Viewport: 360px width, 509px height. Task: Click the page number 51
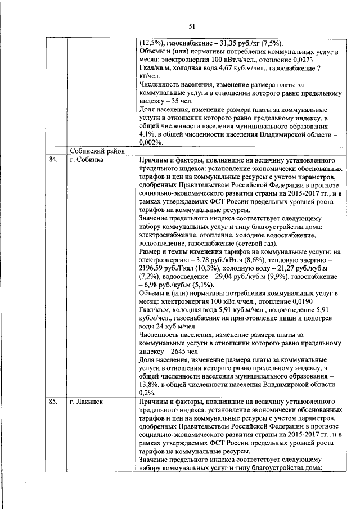tap(191, 26)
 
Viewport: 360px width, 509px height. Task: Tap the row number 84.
tap(54, 160)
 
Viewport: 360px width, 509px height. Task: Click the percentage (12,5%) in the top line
tap(152, 43)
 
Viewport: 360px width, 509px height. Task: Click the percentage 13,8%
tap(150, 385)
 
